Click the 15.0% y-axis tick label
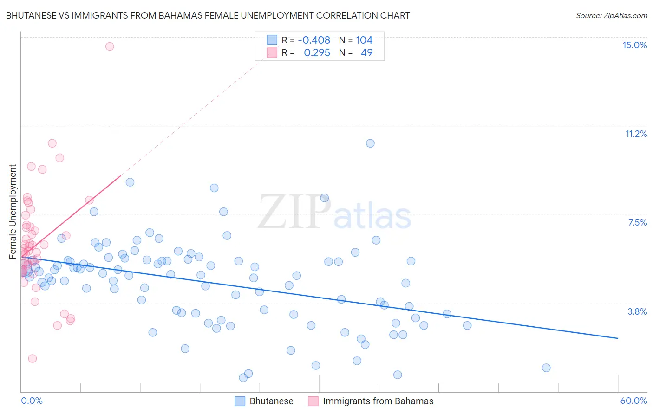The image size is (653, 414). pos(634,45)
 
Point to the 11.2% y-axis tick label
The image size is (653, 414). pos(636,134)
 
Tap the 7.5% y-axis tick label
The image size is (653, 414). pos(637,222)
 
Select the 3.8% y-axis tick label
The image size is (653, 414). pos(637,311)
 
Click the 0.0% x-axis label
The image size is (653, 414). pos(32,401)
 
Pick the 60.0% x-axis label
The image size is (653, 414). pos(633,401)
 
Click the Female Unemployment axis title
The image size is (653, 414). pos(13,211)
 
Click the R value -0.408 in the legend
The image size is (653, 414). pos(314,40)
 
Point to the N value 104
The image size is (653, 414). pos(364,40)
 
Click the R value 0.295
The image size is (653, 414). pos(317,52)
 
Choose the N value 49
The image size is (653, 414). pos(366,52)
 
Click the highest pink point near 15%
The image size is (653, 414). pos(110,46)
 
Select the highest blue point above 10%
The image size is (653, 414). pos(370,143)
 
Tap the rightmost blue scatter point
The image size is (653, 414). pos(546,368)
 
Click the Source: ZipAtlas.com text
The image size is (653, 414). pos(611,15)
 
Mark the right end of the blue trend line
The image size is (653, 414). pos(618,338)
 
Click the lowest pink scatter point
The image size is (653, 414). pos(33,358)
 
